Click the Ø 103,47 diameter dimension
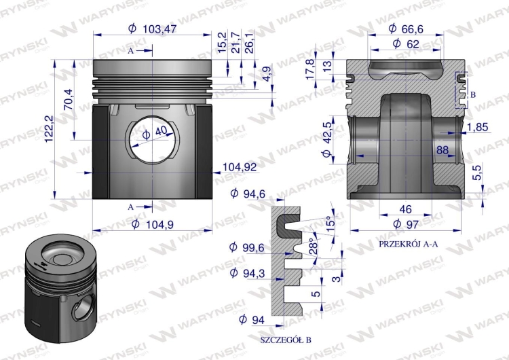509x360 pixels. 152,29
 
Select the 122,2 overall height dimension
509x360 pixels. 49,128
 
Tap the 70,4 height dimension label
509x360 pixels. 69,99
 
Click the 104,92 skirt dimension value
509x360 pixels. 240,167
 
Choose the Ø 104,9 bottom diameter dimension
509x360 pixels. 153,224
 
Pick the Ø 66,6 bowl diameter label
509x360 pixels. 406,29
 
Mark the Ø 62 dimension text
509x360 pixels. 406,43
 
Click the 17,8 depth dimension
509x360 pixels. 310,69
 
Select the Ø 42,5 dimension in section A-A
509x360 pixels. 327,139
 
